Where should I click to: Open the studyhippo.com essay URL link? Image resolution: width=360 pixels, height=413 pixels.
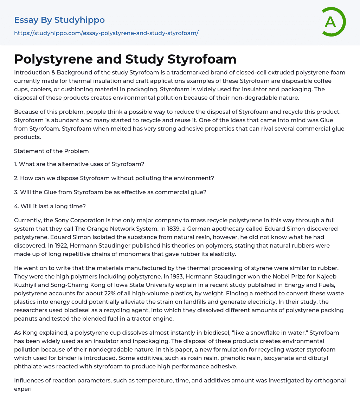106,33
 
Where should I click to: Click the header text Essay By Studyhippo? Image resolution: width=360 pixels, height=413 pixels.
59,20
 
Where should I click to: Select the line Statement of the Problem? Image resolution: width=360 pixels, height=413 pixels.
51,151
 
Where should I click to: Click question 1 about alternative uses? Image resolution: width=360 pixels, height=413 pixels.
79,164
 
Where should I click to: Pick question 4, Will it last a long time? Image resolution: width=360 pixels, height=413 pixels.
50,206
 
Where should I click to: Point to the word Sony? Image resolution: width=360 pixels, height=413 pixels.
62,220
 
